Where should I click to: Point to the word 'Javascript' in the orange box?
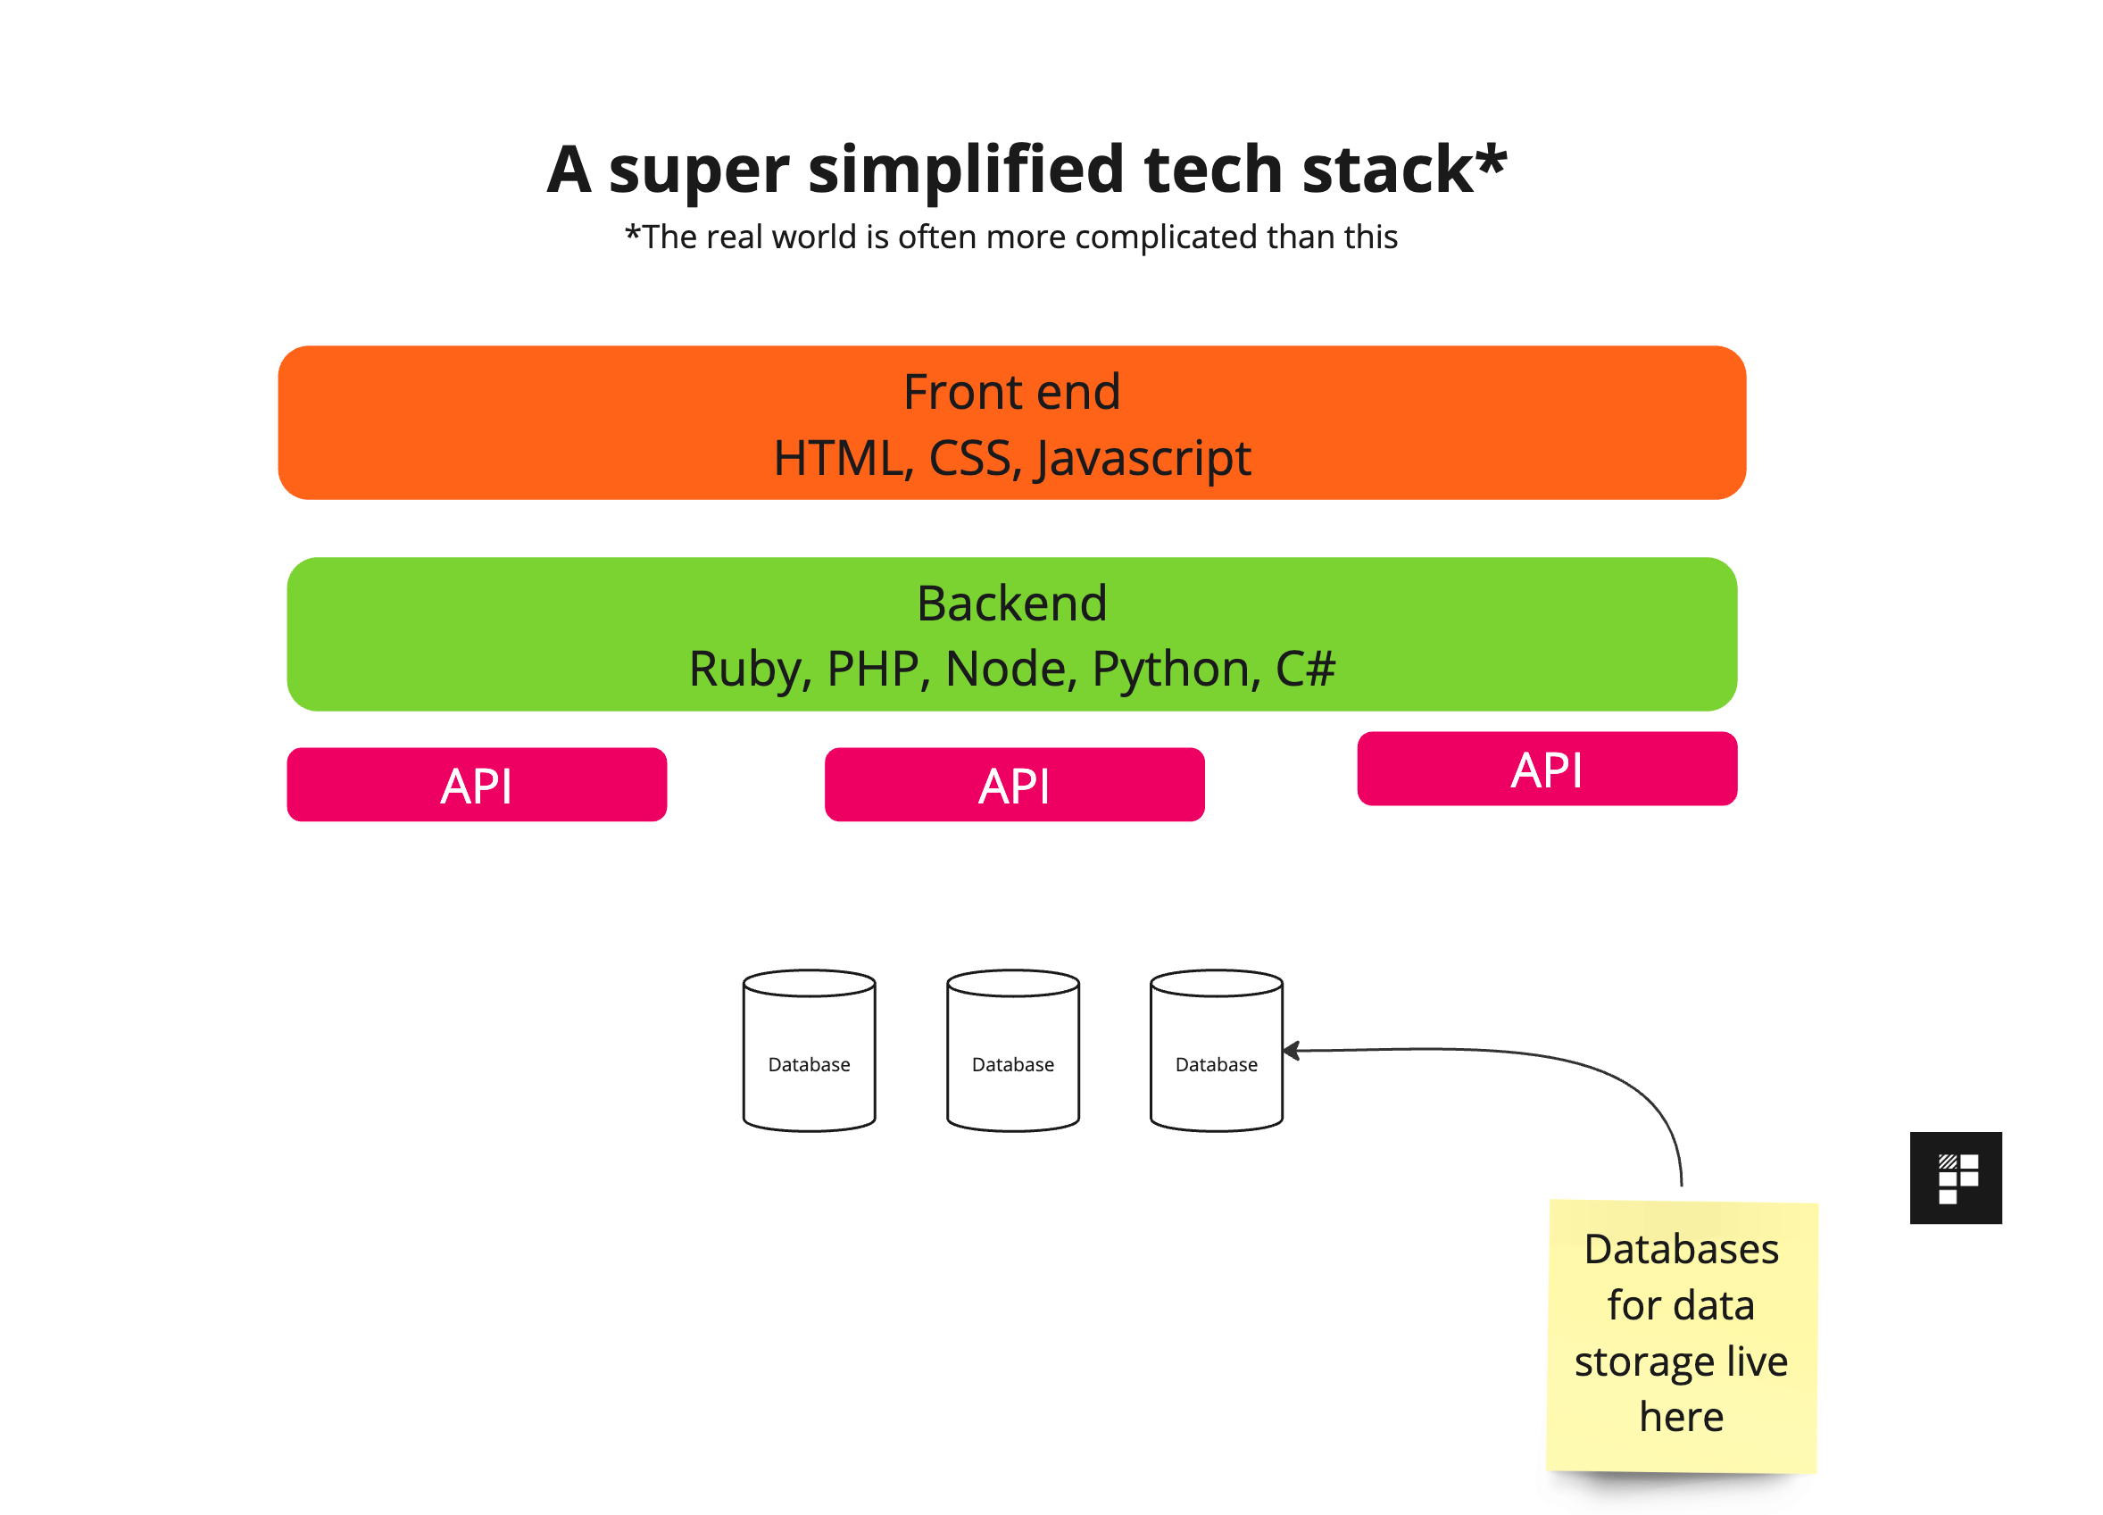pyautogui.click(x=1143, y=460)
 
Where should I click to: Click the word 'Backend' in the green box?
pyautogui.click(x=1011, y=604)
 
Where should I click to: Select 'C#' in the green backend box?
pyautogui.click(x=1305, y=669)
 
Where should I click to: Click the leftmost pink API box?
pyautogui.click(x=477, y=785)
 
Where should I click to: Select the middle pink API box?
pyautogui.click(x=1014, y=785)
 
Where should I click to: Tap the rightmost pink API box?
pyautogui.click(x=1547, y=769)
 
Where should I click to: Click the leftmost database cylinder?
pyautogui.click(x=809, y=1051)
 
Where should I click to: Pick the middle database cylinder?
pyautogui.click(x=1012, y=1051)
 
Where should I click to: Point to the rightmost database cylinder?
pyautogui.click(x=1216, y=1051)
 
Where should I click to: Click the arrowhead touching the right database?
pyautogui.click(x=1291, y=1051)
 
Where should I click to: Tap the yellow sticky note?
pyautogui.click(x=1682, y=1336)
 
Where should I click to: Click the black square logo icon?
pyautogui.click(x=1956, y=1178)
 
